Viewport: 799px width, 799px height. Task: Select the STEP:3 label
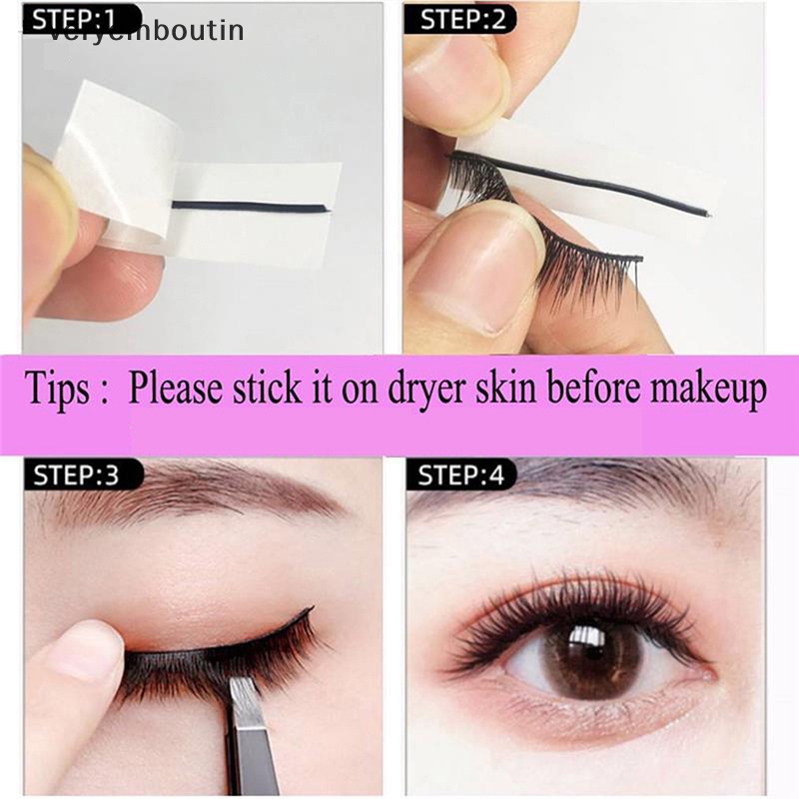tap(78, 474)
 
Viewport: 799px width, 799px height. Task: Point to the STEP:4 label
tap(460, 474)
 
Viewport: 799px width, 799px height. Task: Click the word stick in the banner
tap(255, 389)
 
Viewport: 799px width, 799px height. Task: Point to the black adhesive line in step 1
tap(250, 208)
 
